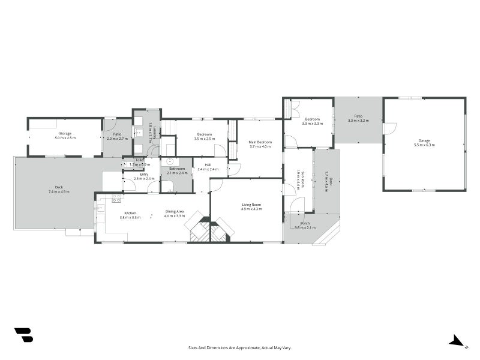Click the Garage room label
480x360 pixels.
tap(424, 140)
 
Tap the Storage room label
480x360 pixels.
tap(64, 133)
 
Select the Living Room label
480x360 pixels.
tap(253, 204)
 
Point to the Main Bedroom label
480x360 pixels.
tap(260, 142)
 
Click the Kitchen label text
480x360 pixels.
tap(130, 213)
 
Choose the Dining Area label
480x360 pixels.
tap(175, 212)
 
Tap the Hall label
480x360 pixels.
tap(208, 165)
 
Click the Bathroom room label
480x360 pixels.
tap(177, 169)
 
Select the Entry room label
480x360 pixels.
tap(144, 174)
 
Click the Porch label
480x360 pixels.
tap(305, 224)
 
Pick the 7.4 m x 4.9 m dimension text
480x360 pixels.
tap(59, 191)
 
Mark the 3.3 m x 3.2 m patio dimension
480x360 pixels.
tap(358, 121)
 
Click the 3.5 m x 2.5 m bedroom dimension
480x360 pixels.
tap(205, 139)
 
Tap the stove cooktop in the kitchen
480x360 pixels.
tap(116, 196)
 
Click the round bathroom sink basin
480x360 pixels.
tap(169, 161)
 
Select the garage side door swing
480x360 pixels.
tap(389, 129)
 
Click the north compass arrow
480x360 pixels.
tap(457, 341)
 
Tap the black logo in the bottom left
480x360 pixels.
tap(23, 335)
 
